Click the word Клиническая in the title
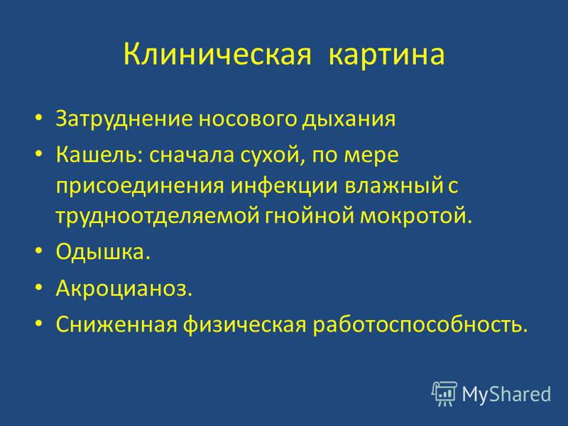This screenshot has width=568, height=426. click(x=217, y=55)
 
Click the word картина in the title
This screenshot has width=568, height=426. click(x=386, y=55)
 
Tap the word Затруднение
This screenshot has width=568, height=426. click(x=124, y=119)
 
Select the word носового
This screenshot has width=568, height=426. click(x=247, y=119)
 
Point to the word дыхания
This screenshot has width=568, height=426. click(x=349, y=120)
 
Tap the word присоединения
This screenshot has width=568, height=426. click(x=140, y=186)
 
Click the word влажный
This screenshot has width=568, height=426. click(x=394, y=185)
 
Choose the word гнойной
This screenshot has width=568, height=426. click(x=310, y=216)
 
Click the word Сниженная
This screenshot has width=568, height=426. click(x=116, y=324)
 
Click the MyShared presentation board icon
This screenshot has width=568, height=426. click(x=444, y=393)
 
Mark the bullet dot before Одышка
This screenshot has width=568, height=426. click(x=39, y=251)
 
